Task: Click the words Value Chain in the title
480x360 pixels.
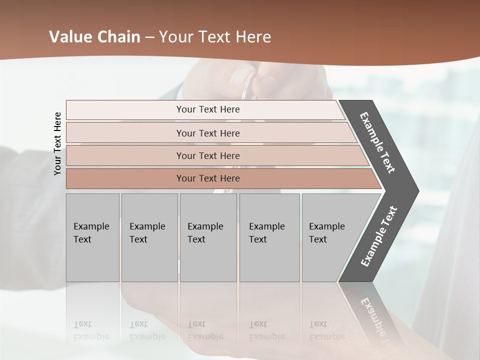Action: pos(94,37)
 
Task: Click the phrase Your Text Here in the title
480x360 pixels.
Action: pos(215,37)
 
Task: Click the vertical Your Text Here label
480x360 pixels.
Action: pos(58,143)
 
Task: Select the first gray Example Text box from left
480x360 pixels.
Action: pos(92,237)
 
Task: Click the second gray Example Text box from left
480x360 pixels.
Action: pos(149,237)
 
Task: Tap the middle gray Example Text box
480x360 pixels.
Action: pos(208,237)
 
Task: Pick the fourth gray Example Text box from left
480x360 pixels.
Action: pos(269,237)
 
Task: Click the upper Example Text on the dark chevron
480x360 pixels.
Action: pos(377,142)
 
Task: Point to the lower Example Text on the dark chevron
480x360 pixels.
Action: pos(378,236)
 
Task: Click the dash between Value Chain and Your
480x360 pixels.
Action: pos(149,37)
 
